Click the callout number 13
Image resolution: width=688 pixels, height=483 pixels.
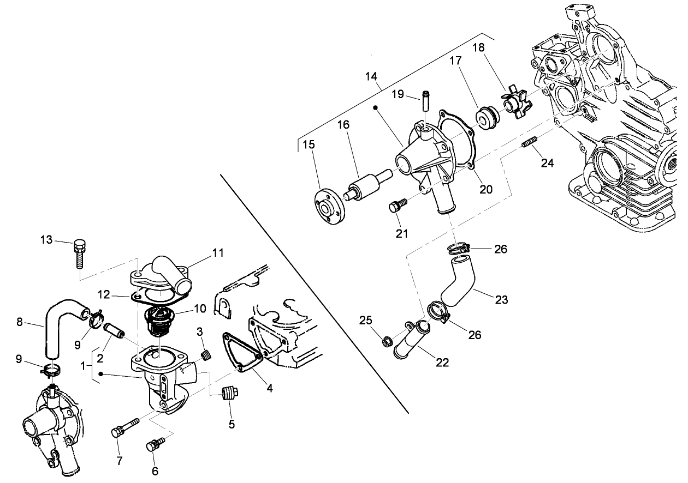tap(47, 239)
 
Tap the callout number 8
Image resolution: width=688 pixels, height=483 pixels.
tap(20, 322)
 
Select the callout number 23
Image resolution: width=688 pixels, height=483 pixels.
tap(502, 299)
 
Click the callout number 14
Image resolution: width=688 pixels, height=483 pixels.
tap(371, 76)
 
